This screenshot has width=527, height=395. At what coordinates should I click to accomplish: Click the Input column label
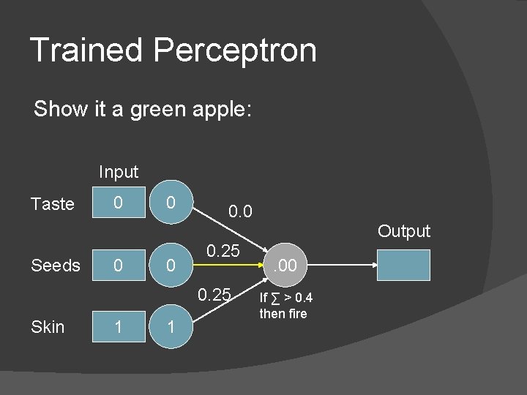pos(119,172)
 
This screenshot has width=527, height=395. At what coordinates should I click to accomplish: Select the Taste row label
pos(53,204)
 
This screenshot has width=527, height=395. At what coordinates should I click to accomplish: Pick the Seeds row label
pos(56,266)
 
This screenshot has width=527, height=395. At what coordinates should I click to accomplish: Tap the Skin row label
pos(48,327)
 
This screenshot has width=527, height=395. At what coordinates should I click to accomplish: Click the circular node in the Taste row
pos(170,203)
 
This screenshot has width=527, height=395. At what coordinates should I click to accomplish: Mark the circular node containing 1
pos(170,327)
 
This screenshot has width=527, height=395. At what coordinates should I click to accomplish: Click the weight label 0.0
pos(240,213)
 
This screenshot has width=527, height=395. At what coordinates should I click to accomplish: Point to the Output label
pos(404,232)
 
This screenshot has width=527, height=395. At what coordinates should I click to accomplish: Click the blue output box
pos(403,266)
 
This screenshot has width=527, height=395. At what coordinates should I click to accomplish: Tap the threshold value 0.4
pos(302,298)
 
